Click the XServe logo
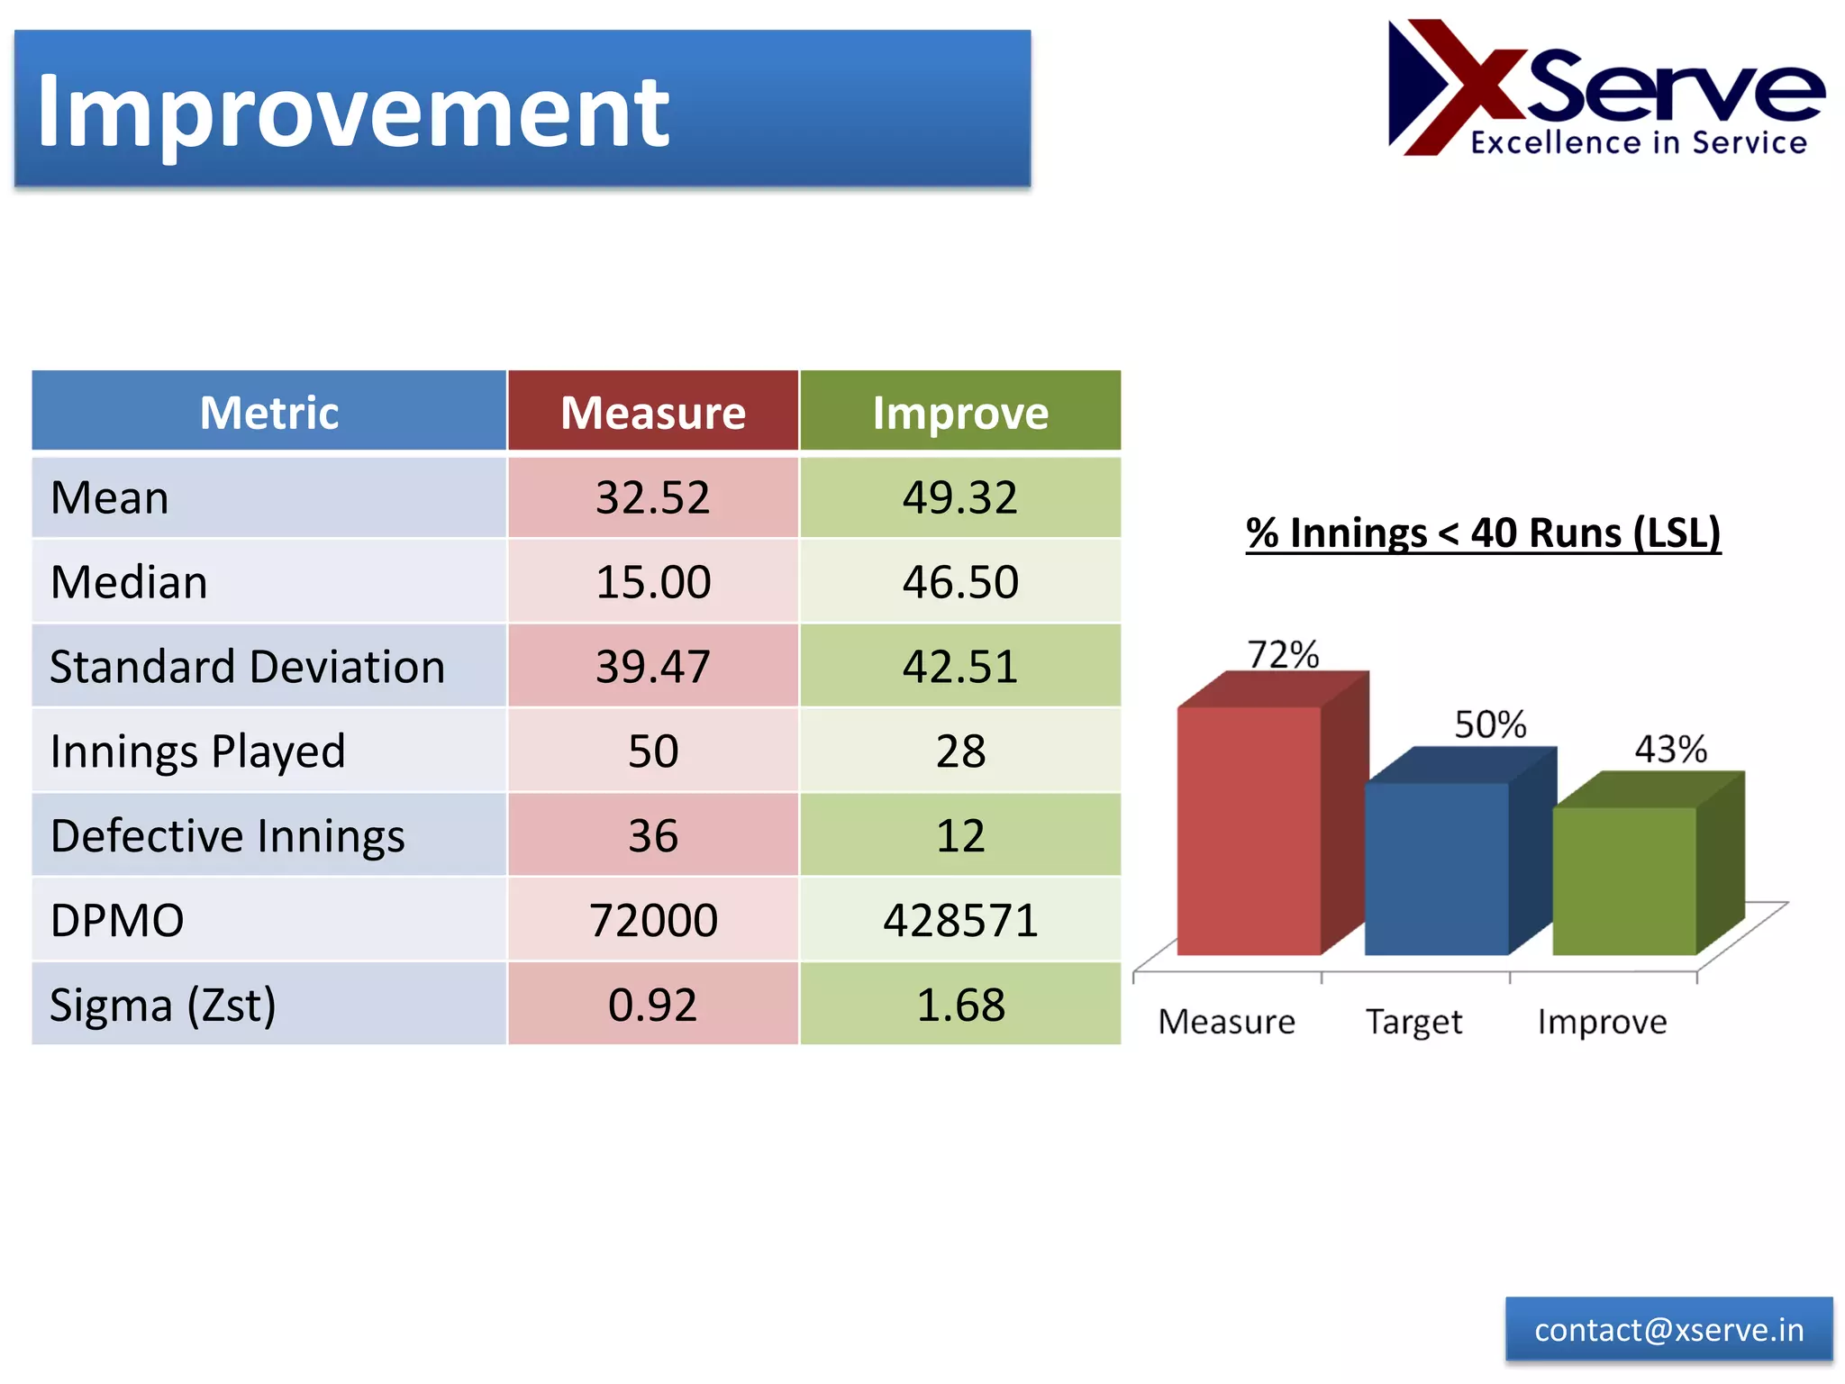pyautogui.click(x=1605, y=89)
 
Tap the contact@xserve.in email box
pyautogui.click(x=1668, y=1330)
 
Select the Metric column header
pyautogui.click(x=268, y=413)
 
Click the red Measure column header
pyautogui.click(x=653, y=413)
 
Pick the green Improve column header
pyautogui.click(x=960, y=413)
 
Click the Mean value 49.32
pyautogui.click(x=960, y=497)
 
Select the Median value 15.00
pyautogui.click(x=653, y=582)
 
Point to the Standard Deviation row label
pyautogui.click(x=248, y=667)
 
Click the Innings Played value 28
pyautogui.click(x=960, y=751)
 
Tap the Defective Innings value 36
pyautogui.click(x=653, y=835)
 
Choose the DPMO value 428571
pyautogui.click(x=960, y=920)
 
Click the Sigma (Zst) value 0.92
pyautogui.click(x=653, y=1005)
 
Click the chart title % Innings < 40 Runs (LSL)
pyautogui.click(x=1483, y=533)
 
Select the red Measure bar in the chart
pyautogui.click(x=1249, y=829)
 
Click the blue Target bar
pyautogui.click(x=1436, y=867)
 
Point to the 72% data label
pyautogui.click(x=1283, y=654)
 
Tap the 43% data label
pyautogui.click(x=1671, y=749)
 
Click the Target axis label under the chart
pyautogui.click(x=1413, y=1022)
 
